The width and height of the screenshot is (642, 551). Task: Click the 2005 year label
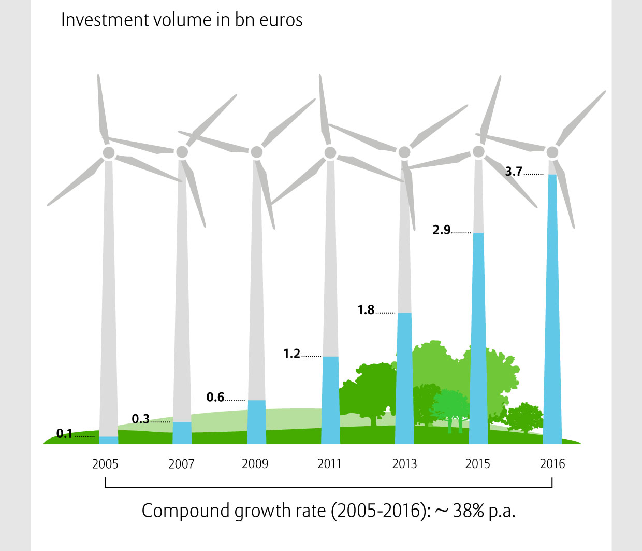[105, 463]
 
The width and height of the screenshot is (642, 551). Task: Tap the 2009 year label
[255, 463]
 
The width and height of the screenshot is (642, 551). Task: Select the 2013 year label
[404, 463]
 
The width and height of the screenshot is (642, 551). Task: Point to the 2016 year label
[552, 463]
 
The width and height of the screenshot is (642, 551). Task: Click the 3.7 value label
[514, 172]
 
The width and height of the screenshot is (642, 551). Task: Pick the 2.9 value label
[442, 230]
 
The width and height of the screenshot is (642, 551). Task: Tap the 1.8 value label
[366, 310]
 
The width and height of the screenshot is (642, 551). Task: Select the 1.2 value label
[291, 354]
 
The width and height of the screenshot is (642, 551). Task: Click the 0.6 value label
[215, 397]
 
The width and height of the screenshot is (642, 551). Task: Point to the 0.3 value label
[140, 419]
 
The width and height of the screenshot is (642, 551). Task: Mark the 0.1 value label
[65, 434]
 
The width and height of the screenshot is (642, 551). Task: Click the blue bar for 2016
[552, 311]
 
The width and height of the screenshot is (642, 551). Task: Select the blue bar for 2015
[478, 340]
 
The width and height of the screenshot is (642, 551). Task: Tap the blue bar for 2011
[330, 400]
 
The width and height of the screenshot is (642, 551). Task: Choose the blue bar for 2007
[182, 433]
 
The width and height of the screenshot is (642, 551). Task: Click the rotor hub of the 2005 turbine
[109, 152]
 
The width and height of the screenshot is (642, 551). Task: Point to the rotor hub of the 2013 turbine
[404, 152]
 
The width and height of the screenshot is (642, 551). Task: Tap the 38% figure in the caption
[469, 511]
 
